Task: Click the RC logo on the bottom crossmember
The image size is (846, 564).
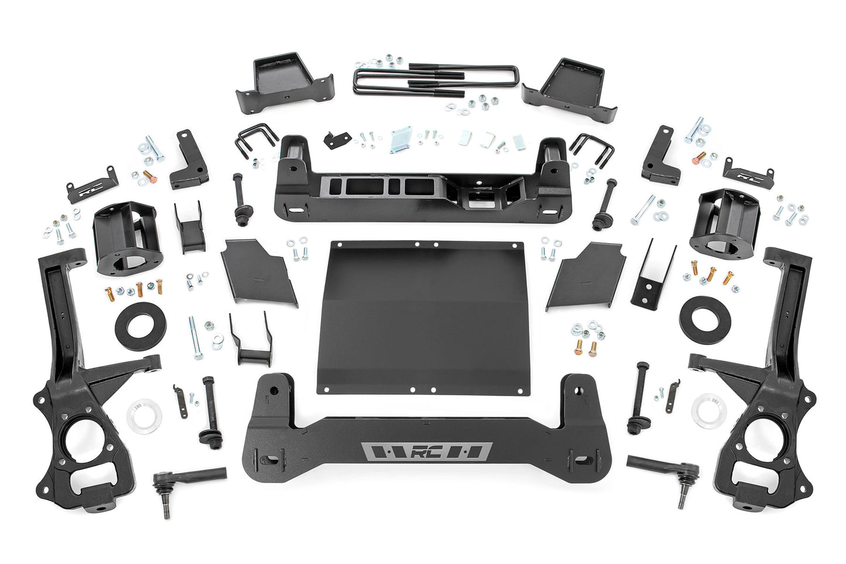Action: [426, 452]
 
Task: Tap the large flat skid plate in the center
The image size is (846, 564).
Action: [417, 316]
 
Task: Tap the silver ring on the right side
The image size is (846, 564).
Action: [708, 410]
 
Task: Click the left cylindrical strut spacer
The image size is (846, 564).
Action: [123, 237]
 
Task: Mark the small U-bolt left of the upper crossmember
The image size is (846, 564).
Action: [251, 142]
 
